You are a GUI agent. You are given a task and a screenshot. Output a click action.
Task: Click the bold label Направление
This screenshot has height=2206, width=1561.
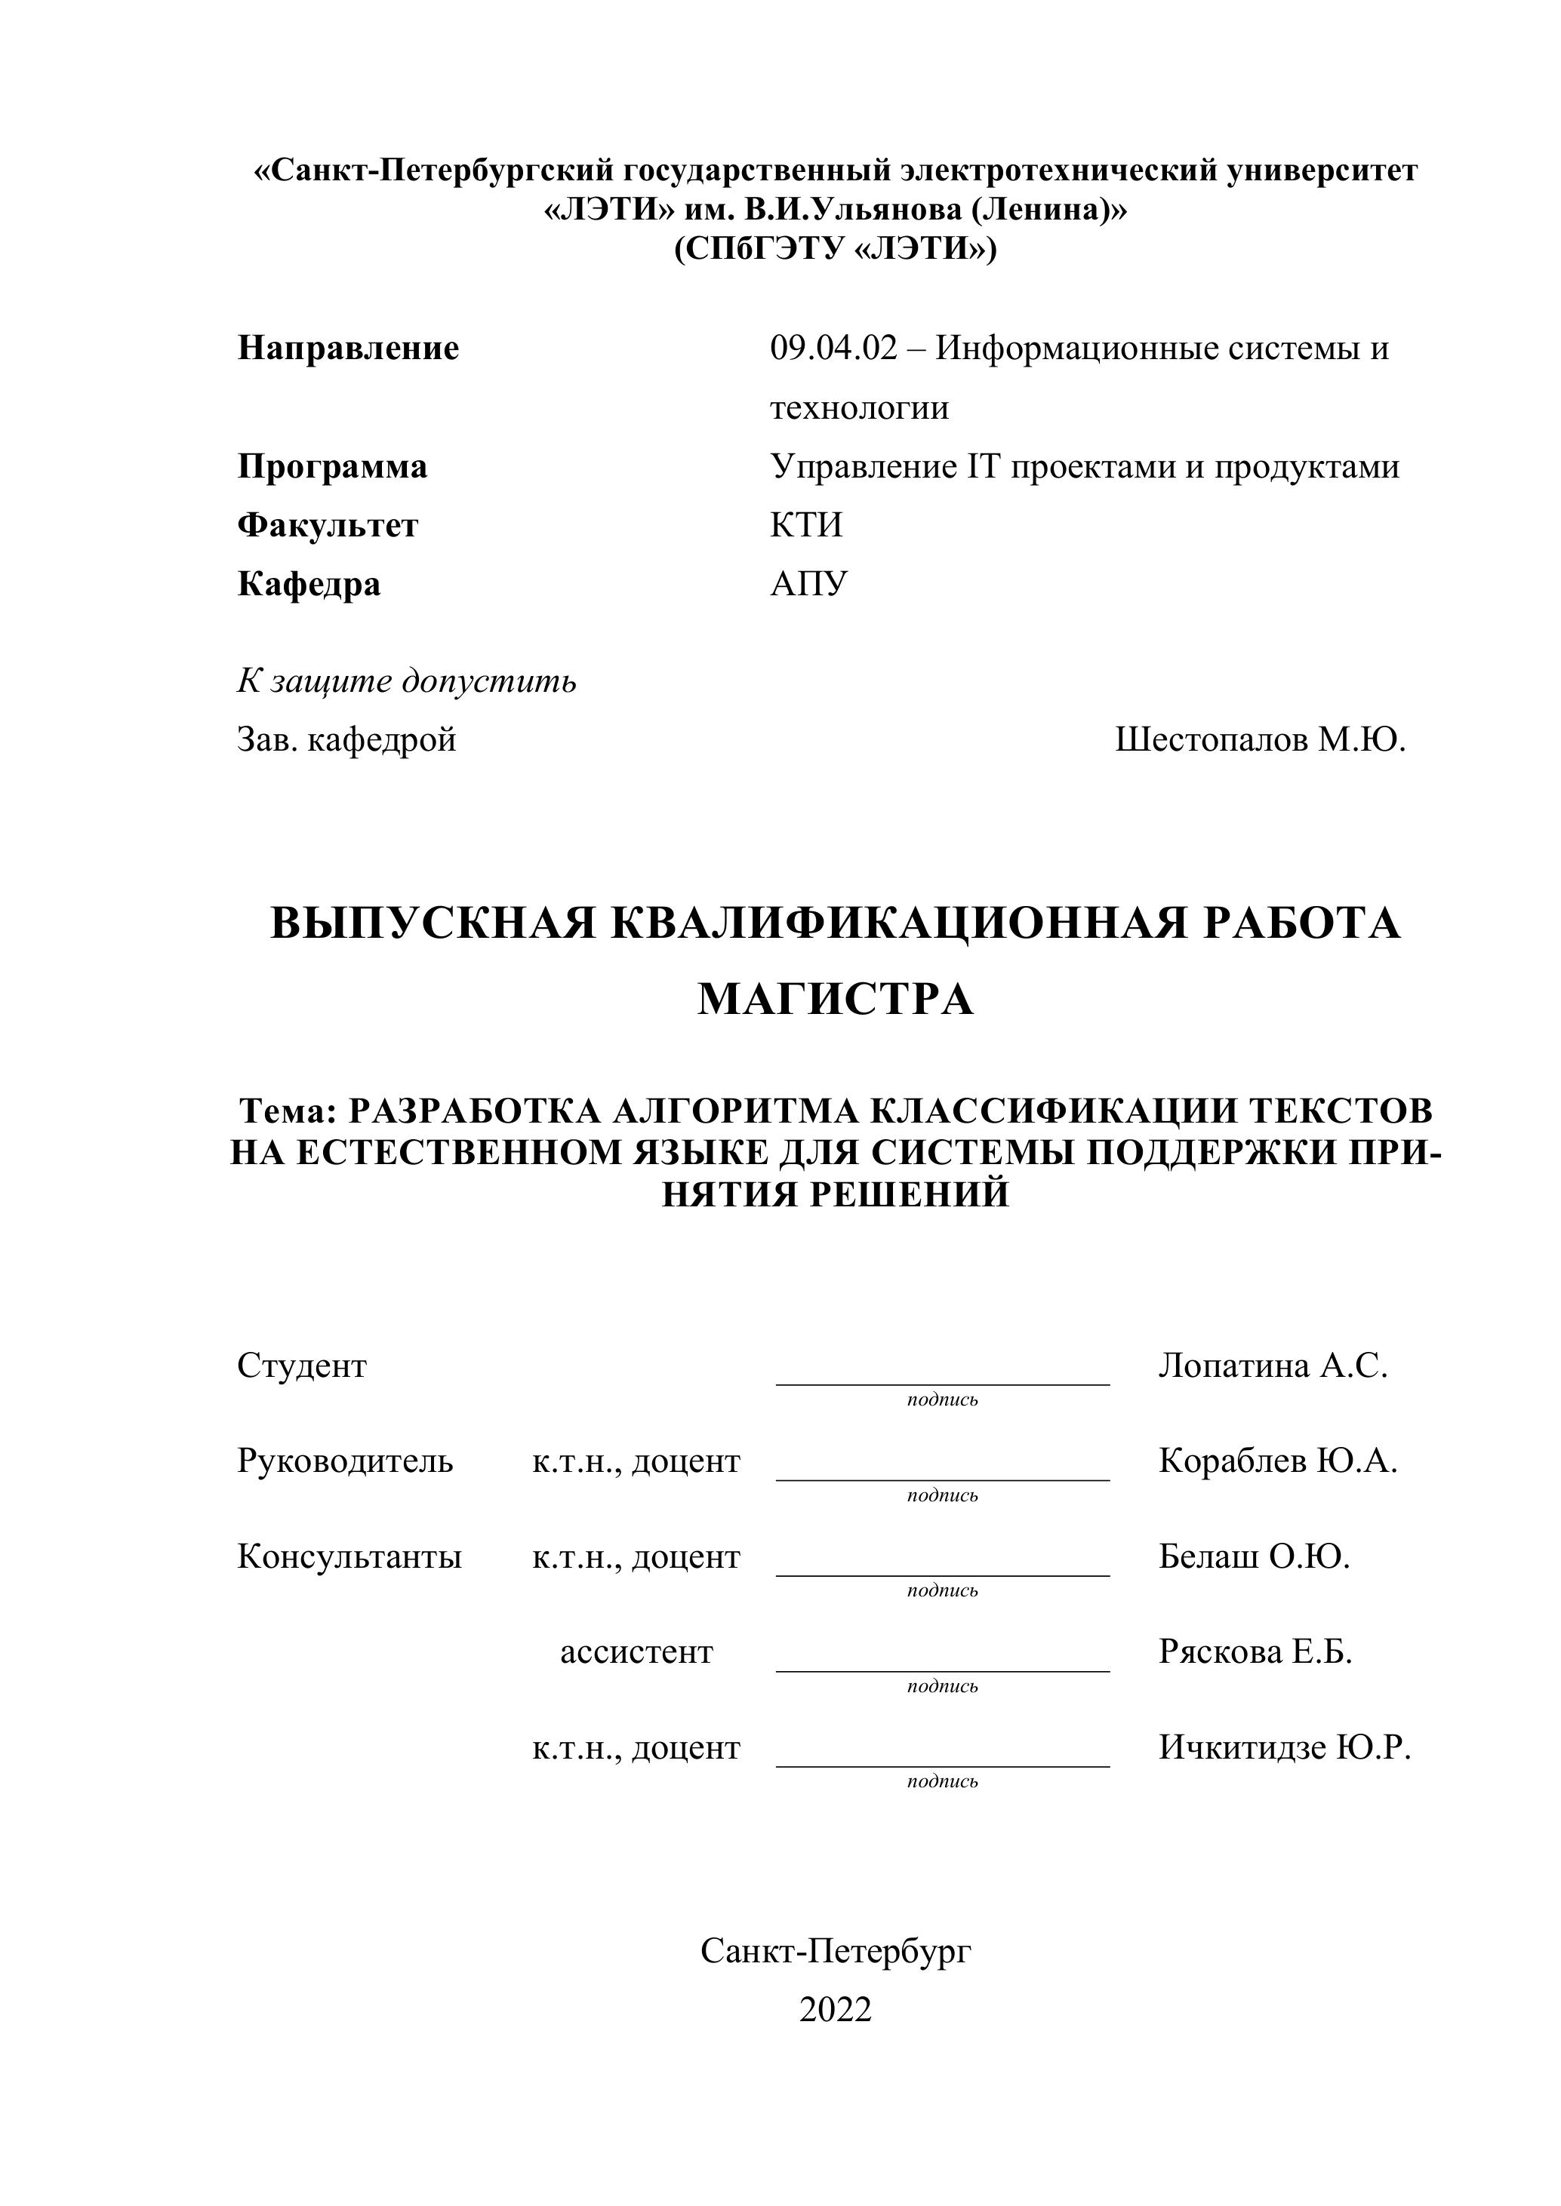[348, 348]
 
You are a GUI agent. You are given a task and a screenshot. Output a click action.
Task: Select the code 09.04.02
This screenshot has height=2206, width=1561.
[833, 348]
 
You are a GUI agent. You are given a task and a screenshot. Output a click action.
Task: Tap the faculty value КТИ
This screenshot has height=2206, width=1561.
[805, 526]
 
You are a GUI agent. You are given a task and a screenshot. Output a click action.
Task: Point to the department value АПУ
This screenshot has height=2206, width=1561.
[808, 584]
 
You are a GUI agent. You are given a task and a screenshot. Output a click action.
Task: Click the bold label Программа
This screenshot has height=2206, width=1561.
[331, 467]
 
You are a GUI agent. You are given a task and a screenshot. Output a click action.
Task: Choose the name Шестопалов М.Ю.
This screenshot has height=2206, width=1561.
[1260, 740]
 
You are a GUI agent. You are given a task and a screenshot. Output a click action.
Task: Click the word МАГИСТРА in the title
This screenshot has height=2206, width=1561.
[836, 1000]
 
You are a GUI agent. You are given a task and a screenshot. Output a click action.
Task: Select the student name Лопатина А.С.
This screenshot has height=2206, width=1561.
[1273, 1366]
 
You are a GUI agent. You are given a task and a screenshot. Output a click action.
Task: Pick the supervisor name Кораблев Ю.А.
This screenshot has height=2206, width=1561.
[1277, 1461]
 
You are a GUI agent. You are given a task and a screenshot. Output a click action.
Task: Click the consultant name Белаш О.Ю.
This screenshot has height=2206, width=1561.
[1254, 1556]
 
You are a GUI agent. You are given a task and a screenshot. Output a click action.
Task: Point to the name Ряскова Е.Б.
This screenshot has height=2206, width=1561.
[1255, 1651]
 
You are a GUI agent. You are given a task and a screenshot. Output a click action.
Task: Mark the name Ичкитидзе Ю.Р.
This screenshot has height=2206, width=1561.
[1284, 1747]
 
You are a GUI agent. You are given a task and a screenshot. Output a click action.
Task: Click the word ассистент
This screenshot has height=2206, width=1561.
[636, 1651]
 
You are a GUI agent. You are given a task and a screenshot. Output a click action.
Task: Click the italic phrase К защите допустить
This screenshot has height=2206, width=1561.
[407, 681]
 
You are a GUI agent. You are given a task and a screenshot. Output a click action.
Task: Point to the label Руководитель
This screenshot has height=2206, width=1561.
[345, 1461]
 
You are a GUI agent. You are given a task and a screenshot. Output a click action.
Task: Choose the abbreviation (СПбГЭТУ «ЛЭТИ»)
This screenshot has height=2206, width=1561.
[836, 250]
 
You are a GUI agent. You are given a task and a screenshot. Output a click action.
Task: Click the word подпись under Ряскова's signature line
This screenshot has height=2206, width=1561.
[942, 1686]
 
